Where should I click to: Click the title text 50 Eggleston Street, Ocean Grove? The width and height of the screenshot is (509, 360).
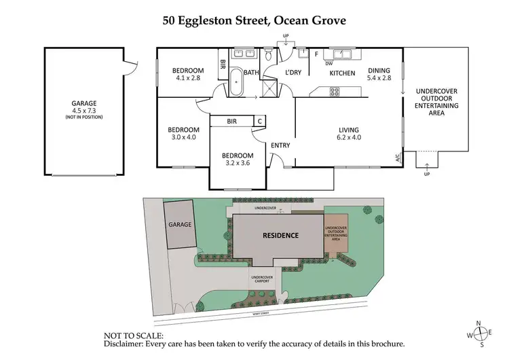click(x=254, y=20)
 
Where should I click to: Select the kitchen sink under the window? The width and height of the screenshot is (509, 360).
click(x=337, y=54)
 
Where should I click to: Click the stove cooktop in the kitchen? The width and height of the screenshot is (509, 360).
click(x=335, y=91)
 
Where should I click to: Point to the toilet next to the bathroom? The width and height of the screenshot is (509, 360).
click(x=269, y=54)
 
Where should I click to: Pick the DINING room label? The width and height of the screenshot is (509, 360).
click(x=379, y=70)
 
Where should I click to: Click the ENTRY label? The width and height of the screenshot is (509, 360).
click(x=281, y=145)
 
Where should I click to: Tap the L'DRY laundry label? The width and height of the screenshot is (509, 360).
click(x=293, y=72)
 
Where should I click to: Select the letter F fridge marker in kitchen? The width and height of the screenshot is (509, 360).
click(x=316, y=54)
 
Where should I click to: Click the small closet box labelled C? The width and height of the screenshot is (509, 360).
click(x=259, y=121)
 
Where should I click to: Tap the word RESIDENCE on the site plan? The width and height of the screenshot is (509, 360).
click(x=280, y=236)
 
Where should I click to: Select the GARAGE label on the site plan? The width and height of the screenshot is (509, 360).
click(x=180, y=224)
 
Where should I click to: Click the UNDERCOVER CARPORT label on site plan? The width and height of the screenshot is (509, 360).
click(x=261, y=279)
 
